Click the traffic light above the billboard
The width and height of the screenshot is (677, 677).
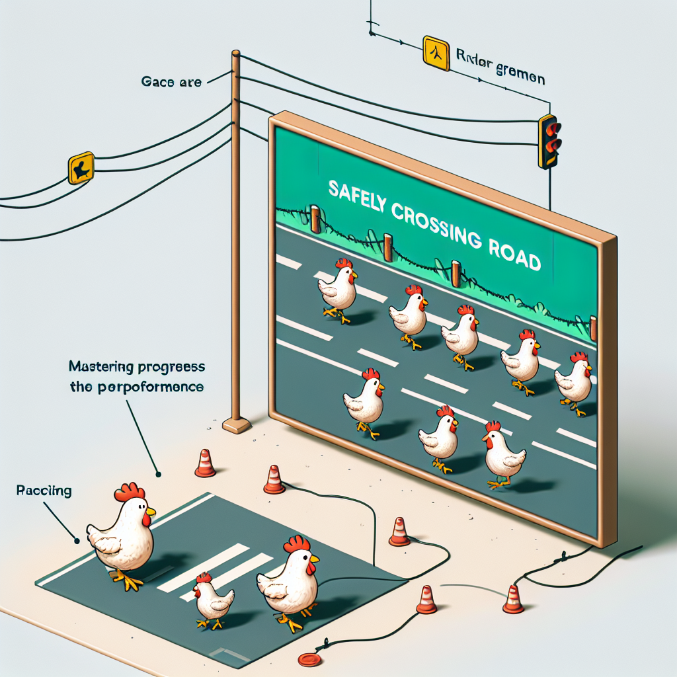coord(549,141)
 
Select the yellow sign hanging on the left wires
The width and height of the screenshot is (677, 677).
coord(81,168)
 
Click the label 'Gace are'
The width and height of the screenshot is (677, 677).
coord(171,83)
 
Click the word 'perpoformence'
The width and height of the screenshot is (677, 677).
coord(156,387)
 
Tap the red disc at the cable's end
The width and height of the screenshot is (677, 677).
coord(308,658)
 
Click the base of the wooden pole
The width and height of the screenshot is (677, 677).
coord(236,424)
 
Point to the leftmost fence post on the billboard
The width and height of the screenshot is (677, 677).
coord(316,219)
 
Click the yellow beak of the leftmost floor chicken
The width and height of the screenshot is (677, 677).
coord(151,511)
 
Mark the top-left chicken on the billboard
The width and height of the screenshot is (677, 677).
coord(338,288)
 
